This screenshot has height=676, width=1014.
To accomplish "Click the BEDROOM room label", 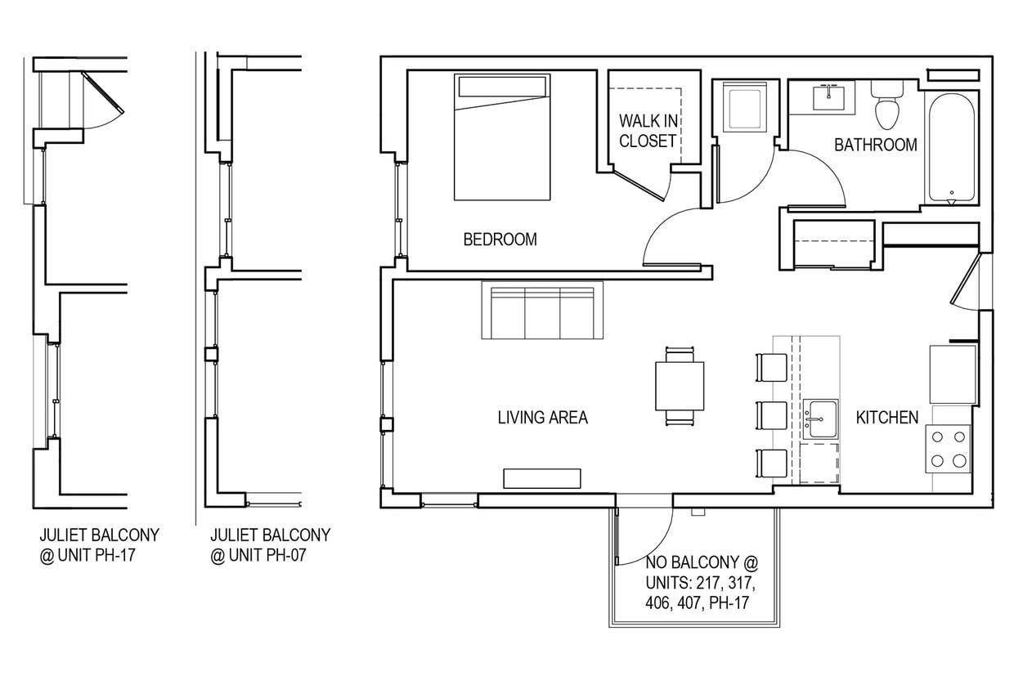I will pyautogui.click(x=500, y=240).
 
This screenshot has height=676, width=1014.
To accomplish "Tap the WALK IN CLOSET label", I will pyautogui.click(x=648, y=131).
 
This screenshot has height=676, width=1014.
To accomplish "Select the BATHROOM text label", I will pyautogui.click(x=875, y=145).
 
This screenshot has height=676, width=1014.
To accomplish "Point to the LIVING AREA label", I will pyautogui.click(x=542, y=418).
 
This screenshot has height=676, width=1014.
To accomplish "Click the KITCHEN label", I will pyautogui.click(x=886, y=418).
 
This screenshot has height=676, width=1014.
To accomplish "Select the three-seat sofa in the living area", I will pyautogui.click(x=542, y=311).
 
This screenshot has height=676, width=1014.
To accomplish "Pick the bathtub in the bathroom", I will pyautogui.click(x=951, y=147).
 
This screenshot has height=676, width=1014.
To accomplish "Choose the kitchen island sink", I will pyautogui.click(x=819, y=419).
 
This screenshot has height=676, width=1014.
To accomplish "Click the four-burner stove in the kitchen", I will pyautogui.click(x=949, y=449).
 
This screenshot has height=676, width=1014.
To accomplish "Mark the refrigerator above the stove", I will pyautogui.click(x=953, y=374).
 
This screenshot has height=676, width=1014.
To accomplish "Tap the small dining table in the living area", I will pyautogui.click(x=680, y=386).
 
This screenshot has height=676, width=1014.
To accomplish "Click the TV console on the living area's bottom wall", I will pyautogui.click(x=541, y=478).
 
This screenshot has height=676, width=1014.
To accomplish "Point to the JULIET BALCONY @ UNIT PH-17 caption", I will pyautogui.click(x=99, y=545).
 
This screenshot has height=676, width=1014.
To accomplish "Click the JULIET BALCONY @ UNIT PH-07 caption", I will pyautogui.click(x=270, y=545).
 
